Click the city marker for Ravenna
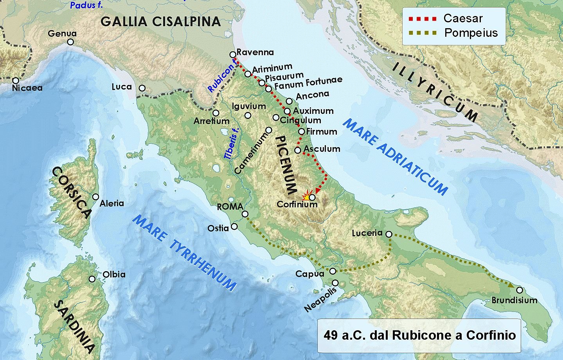pyautogui.click(x=233, y=54)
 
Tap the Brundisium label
pyautogui.click(x=514, y=301)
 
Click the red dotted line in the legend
pyautogui.click(x=422, y=18)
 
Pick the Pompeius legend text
pyautogui.click(x=471, y=33)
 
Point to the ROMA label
pyautogui.click(x=230, y=206)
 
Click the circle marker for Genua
pyautogui.click(x=70, y=42)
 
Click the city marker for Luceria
pyautogui.click(x=389, y=234)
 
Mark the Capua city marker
pyautogui.click(x=333, y=271)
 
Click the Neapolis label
pyautogui.click(x=320, y=300)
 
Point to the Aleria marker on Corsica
pyautogui.click(x=95, y=197)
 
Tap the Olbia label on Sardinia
pyautogui.click(x=114, y=274)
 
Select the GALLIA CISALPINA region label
pyautogui.click(x=161, y=22)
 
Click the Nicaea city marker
pyautogui.click(x=16, y=80)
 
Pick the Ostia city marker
pyautogui.click(x=234, y=226)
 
